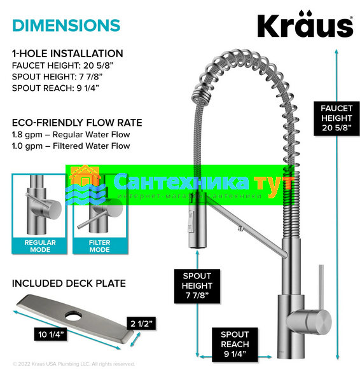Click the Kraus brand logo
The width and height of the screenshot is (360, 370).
click(305, 24)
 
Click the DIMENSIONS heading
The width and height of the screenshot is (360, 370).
click(66, 25)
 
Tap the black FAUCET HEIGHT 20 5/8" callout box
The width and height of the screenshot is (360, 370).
click(336, 118)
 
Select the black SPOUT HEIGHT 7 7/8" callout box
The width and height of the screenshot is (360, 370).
click(197, 286)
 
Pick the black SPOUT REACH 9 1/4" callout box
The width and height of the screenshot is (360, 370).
click(235, 345)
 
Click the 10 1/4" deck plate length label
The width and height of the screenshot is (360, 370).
click(50, 334)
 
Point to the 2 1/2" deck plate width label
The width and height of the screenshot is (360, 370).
click(141, 324)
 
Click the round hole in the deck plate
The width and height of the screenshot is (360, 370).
click(73, 316)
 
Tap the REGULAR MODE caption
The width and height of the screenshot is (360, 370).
click(40, 246)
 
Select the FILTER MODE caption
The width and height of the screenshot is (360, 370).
click(99, 246)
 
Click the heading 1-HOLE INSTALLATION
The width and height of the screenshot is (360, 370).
click(67, 53)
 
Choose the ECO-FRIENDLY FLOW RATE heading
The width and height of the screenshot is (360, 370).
click(77, 123)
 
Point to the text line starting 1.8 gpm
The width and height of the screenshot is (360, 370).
click(71, 135)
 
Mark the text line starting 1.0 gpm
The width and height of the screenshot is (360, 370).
click(71, 146)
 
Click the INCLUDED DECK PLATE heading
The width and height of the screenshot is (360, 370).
click(69, 284)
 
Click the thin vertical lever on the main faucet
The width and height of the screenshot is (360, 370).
click(321, 287)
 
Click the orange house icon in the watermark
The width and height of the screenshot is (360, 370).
click(85, 176)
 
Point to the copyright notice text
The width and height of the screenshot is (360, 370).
click(74, 364)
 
